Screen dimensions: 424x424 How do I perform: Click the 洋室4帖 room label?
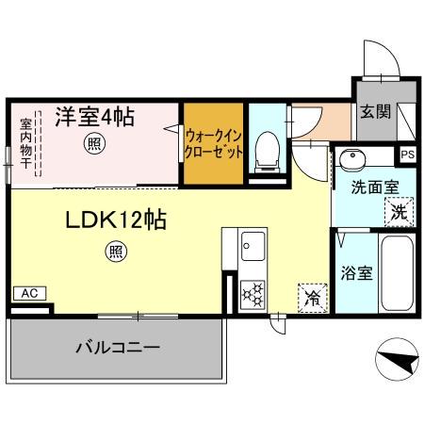pyautogui.click(x=93, y=118)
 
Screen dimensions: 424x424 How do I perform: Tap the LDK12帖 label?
pyautogui.click(x=116, y=220)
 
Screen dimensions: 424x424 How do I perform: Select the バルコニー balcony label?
pyautogui.click(x=117, y=347)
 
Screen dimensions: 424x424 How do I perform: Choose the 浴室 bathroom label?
pyautogui.click(x=355, y=276)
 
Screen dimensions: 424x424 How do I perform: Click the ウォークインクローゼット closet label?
pyautogui.click(x=215, y=142)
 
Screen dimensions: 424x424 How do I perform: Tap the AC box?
pyautogui.click(x=28, y=293)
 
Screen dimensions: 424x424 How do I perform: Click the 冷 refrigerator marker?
pyautogui.click(x=311, y=298)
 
